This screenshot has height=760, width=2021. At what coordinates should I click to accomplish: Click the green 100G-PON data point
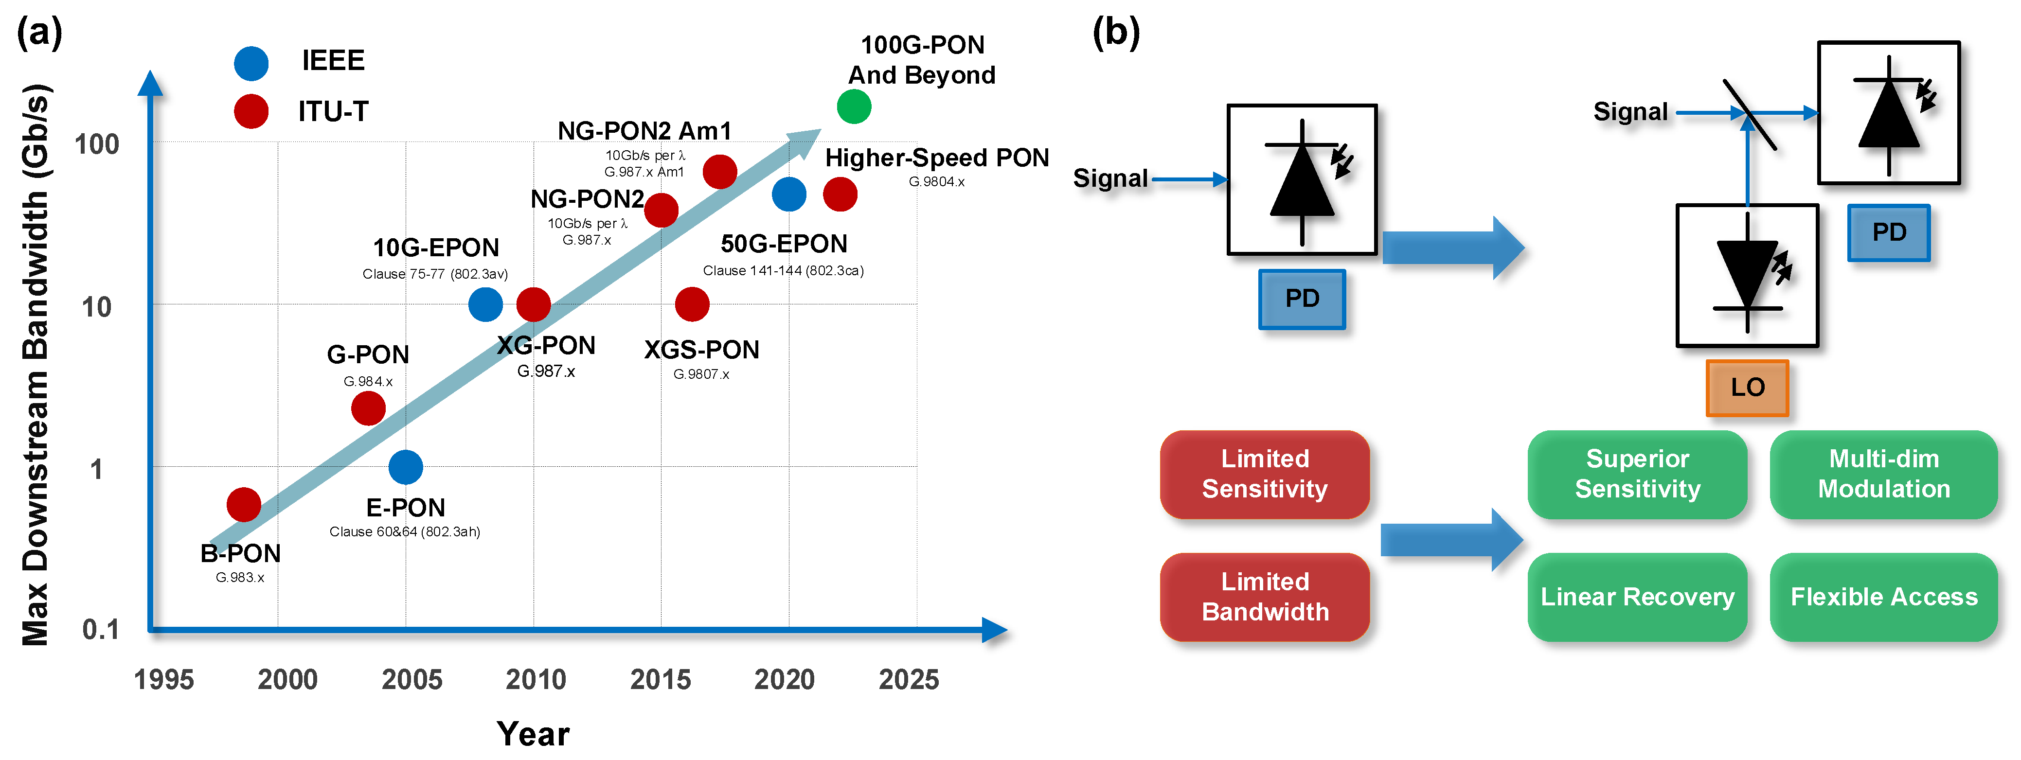click(x=854, y=106)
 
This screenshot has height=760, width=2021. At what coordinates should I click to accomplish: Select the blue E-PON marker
click(x=406, y=467)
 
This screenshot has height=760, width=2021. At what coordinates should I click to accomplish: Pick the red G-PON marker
click(x=368, y=408)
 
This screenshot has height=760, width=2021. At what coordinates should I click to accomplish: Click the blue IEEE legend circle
click(x=251, y=63)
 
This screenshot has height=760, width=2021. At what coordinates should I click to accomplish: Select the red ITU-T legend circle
click(x=251, y=111)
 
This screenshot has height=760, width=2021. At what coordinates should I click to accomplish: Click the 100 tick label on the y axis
click(x=96, y=144)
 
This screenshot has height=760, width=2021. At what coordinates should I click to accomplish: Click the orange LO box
click(x=1747, y=388)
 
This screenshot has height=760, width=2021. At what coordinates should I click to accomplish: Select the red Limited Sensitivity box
click(x=1265, y=474)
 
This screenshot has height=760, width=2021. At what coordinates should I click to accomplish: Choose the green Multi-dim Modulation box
click(x=1884, y=474)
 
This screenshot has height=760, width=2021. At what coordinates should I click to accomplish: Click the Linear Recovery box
click(x=1637, y=597)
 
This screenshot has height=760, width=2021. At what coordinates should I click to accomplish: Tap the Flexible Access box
click(x=1884, y=597)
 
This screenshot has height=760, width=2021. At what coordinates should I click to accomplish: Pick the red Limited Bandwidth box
click(x=1265, y=597)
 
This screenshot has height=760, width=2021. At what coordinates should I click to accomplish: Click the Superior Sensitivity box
click(x=1637, y=474)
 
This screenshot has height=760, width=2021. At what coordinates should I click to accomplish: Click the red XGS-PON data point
click(x=692, y=304)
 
